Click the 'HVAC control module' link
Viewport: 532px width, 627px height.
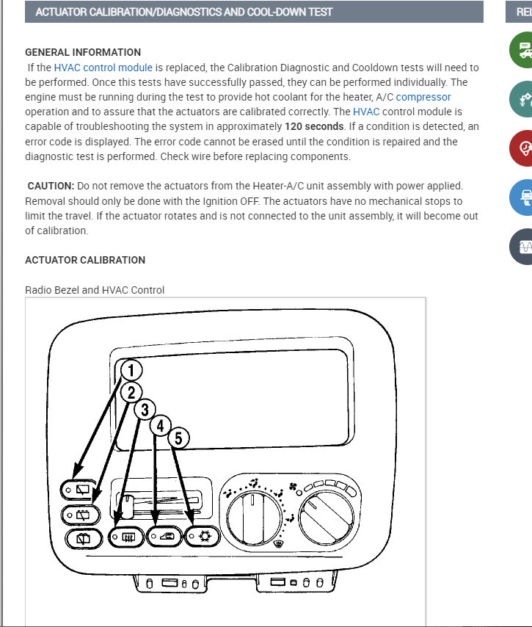(x=103, y=68)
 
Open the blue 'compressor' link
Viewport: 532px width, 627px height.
(x=423, y=97)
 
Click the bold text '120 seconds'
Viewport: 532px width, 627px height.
(x=313, y=126)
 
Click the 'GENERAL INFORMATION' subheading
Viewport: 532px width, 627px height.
(x=83, y=52)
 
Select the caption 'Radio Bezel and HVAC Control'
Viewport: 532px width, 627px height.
(x=95, y=290)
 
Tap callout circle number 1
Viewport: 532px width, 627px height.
(x=131, y=370)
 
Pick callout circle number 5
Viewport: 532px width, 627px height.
(x=178, y=438)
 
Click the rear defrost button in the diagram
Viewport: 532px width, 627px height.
(x=125, y=537)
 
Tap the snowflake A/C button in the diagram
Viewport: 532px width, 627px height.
(x=201, y=537)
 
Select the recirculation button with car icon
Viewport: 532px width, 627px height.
(x=164, y=537)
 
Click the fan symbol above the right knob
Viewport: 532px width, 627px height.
(x=294, y=486)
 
